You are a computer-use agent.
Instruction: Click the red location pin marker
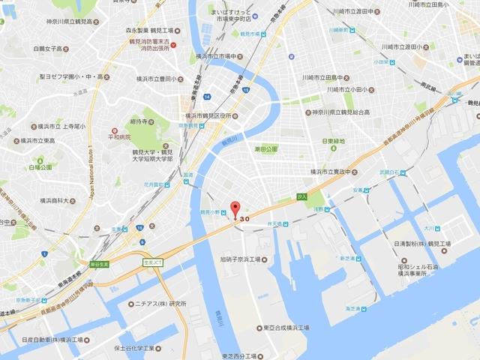click(235, 208)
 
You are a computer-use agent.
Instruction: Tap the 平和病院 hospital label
click(121, 136)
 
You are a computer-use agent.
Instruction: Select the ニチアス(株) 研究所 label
click(161, 304)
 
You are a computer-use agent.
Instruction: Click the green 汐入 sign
click(302, 196)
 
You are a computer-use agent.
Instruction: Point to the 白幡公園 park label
click(42, 167)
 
